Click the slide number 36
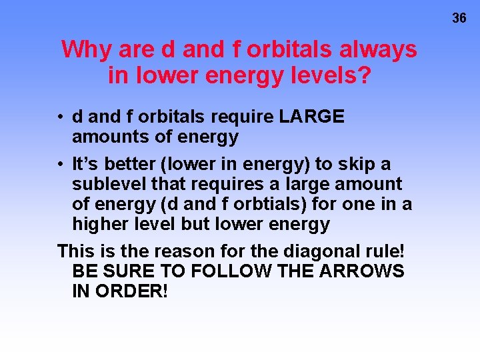coord(459,19)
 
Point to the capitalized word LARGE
coord(312,117)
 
